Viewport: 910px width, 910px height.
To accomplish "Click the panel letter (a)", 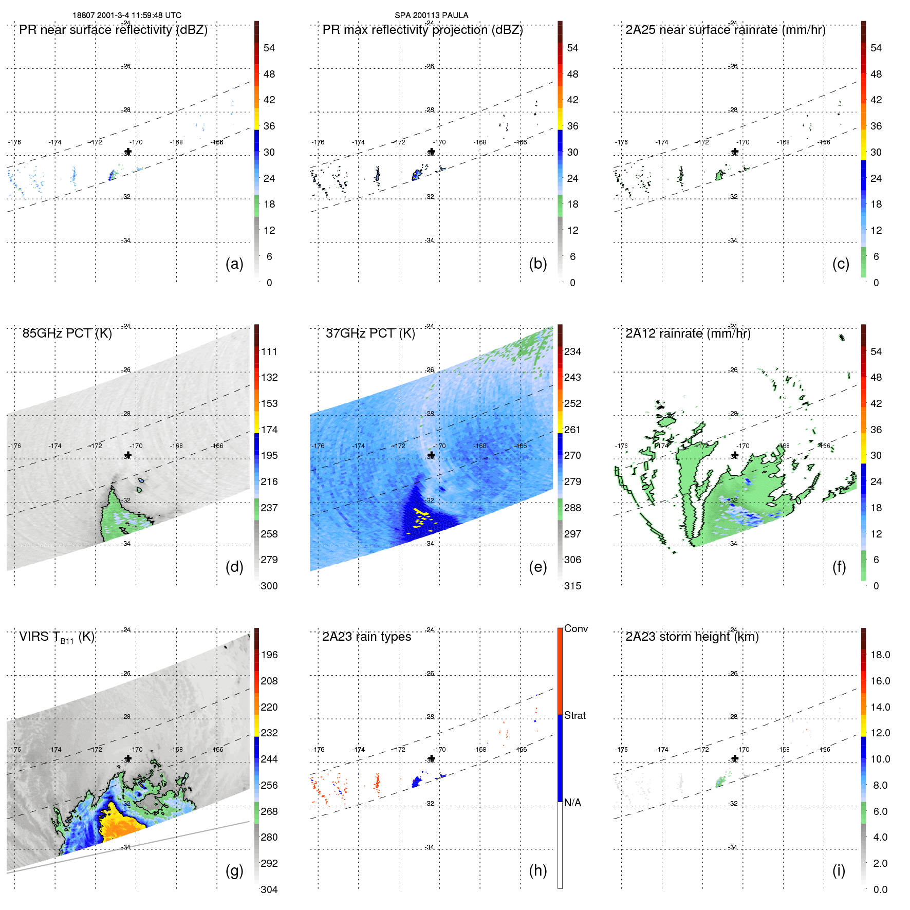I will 234,264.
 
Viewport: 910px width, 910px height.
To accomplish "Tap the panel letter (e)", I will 537,567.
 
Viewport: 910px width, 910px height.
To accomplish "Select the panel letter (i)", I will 839,870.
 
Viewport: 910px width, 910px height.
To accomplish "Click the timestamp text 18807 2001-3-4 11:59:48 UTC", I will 127,15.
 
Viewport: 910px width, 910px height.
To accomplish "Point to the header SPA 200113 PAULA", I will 431,15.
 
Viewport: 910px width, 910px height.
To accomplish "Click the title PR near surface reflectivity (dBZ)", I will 113,30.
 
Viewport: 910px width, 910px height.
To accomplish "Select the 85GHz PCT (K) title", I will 67,333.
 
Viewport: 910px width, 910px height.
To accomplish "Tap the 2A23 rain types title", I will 366,637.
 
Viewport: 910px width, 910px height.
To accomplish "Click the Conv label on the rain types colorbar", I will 575,629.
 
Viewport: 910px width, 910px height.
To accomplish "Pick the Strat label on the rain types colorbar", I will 574,716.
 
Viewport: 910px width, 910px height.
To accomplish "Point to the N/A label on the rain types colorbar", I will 572,803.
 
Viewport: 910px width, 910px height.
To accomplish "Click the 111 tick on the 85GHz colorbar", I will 269,352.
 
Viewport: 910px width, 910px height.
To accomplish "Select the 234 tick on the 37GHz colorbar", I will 572,352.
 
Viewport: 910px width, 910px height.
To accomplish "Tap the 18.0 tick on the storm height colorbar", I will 880,655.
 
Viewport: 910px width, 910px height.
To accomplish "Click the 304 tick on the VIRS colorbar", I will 269,890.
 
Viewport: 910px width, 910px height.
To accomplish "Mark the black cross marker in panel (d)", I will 128,455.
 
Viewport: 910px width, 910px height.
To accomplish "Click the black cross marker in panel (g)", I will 128,758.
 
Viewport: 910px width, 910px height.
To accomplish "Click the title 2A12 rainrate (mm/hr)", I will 688,333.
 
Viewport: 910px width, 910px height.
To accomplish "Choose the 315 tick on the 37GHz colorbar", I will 572,586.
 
